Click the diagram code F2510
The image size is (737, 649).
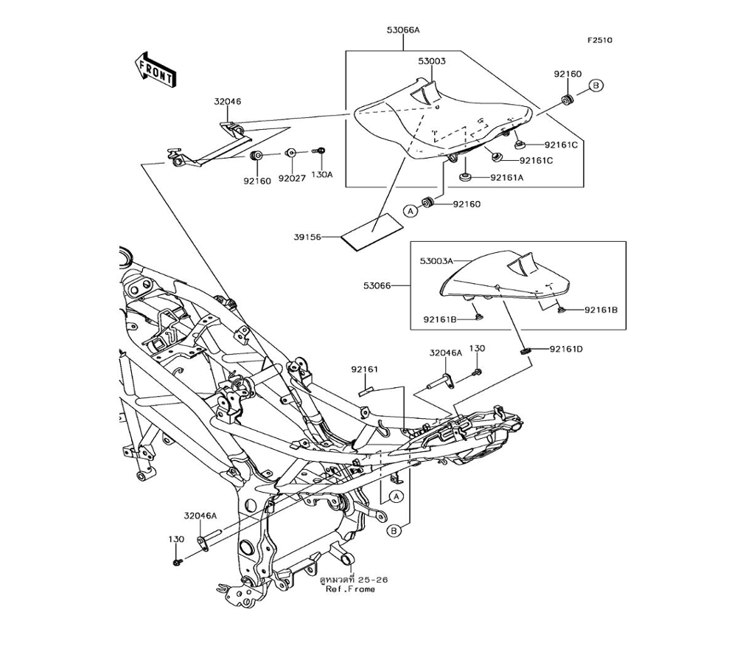tap(599, 41)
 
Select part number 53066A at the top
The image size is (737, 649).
tap(403, 30)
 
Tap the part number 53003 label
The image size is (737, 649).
tap(432, 61)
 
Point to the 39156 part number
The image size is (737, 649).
tap(307, 237)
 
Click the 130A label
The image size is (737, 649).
tap(322, 175)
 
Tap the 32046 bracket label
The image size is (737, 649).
tap(228, 101)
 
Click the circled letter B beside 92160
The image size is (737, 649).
tap(596, 86)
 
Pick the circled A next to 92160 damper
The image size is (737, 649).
tap(411, 211)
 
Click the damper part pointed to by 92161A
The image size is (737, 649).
tap(465, 177)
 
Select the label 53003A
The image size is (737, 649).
tap(436, 260)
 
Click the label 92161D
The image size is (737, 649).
tap(566, 349)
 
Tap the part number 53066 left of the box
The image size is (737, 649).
tap(377, 285)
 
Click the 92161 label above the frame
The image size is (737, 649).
tap(364, 369)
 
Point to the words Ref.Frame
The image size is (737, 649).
tap(351, 589)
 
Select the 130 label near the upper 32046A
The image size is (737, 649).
tap(477, 348)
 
